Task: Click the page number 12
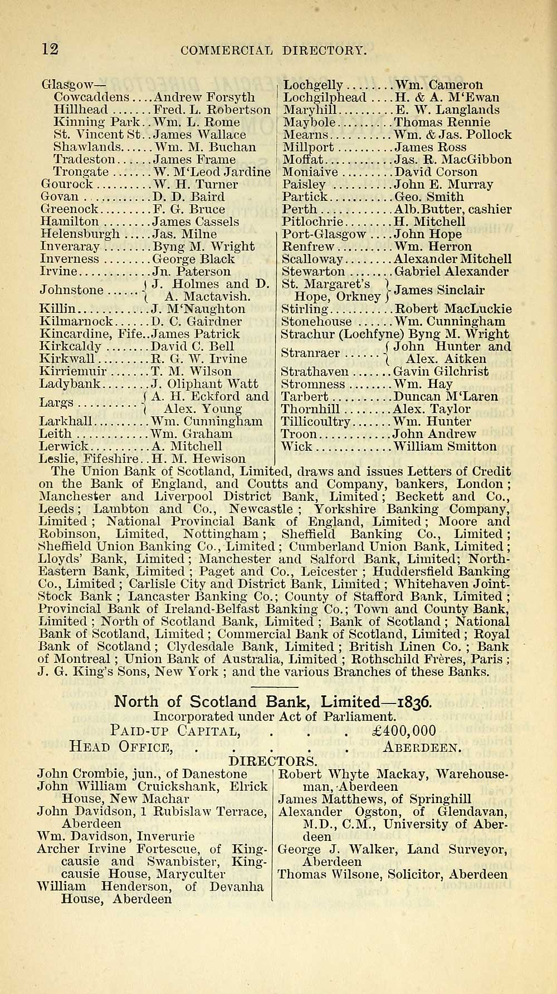(x=50, y=49)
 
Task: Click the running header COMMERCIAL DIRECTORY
(x=274, y=51)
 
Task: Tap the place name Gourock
(x=65, y=185)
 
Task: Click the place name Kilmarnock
(x=77, y=322)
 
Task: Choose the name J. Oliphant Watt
(x=204, y=384)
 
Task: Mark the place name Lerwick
(x=63, y=446)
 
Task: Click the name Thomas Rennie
(x=442, y=122)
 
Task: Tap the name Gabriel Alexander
(x=451, y=272)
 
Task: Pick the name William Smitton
(x=444, y=446)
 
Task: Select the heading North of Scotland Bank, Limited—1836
(x=273, y=701)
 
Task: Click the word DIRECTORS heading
(x=273, y=760)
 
